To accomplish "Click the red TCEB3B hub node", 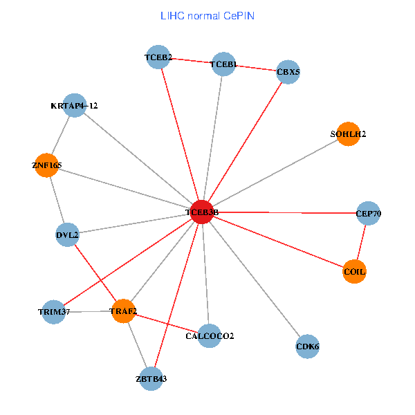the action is [202, 212].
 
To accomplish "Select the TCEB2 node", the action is [159, 57].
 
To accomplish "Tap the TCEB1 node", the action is [223, 64].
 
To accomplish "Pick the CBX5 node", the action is [288, 71].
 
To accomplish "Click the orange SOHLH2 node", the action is [348, 134].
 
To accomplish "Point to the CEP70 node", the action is [368, 213].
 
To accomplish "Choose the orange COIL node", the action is [354, 272].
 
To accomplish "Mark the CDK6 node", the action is [308, 346].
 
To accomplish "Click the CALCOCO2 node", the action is [210, 336].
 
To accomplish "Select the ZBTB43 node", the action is [151, 379].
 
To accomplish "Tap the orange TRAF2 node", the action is [123, 312].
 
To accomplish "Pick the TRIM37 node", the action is [54, 313].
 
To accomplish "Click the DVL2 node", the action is [67, 235].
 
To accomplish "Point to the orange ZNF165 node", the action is [46, 165].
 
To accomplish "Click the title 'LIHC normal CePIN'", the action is [207, 15].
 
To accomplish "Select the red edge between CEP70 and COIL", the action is [361, 242].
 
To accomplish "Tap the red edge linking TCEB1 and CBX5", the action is [255, 68].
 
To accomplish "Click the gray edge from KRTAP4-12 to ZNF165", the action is [60, 136].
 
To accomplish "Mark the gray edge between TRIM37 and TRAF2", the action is [89, 312].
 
